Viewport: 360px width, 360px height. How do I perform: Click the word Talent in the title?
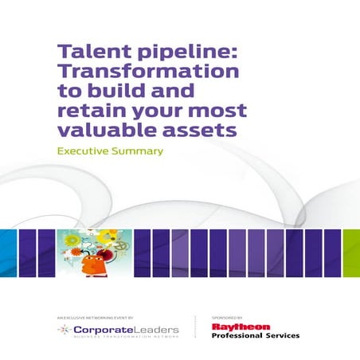tap(85, 52)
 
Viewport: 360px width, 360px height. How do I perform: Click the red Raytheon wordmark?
tap(241, 326)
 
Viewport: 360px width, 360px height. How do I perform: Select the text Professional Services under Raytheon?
tap(255, 335)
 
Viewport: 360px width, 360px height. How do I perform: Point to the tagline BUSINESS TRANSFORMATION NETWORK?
tap(122, 336)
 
